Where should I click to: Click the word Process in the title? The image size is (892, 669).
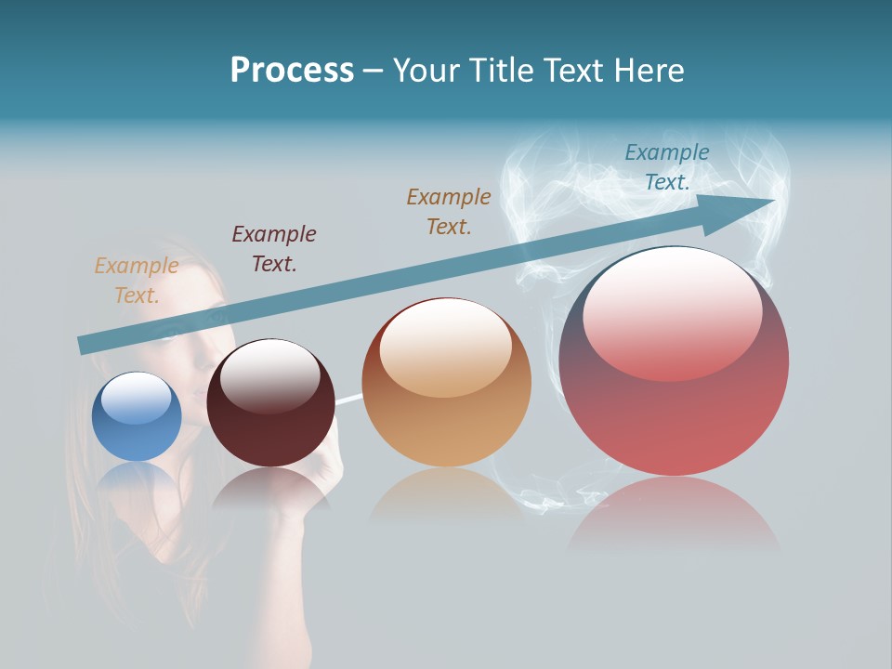292,71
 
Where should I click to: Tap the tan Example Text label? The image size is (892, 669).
137,281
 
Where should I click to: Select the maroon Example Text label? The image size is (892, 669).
274,249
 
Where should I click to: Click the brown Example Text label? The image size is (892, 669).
449,212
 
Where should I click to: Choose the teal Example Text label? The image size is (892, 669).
667,167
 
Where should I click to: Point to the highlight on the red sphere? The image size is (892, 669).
672,316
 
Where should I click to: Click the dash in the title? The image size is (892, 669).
373,71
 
